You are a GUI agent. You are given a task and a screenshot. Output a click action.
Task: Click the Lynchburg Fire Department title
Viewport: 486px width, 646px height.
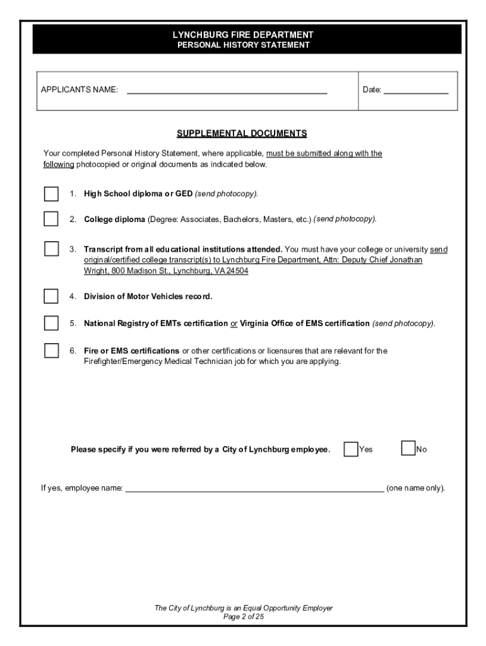(x=243, y=35)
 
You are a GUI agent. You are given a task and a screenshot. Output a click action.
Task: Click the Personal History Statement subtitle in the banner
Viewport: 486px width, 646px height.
(x=243, y=45)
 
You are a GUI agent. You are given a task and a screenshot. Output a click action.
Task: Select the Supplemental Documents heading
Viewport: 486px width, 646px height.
(x=242, y=133)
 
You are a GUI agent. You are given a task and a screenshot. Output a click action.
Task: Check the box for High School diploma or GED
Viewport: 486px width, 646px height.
(x=51, y=193)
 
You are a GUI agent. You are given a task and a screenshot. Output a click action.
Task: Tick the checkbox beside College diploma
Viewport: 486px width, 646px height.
(x=51, y=219)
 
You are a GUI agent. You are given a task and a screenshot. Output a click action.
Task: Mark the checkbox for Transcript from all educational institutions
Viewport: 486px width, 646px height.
(x=51, y=249)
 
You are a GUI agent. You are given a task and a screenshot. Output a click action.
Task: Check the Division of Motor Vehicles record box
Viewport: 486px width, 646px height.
(x=51, y=296)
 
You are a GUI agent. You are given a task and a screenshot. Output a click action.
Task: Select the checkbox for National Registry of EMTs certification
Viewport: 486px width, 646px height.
(x=51, y=323)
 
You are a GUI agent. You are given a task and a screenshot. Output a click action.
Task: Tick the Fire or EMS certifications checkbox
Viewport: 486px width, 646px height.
(x=51, y=351)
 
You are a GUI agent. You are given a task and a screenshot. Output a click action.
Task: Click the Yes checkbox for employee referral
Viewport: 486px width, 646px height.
(x=351, y=449)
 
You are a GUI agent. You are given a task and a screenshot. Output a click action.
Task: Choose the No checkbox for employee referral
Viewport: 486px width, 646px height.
(x=408, y=449)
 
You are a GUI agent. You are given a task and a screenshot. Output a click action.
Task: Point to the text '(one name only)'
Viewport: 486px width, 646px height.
(x=415, y=488)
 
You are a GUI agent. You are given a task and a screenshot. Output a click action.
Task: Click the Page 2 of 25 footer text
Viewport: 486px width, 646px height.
(x=243, y=617)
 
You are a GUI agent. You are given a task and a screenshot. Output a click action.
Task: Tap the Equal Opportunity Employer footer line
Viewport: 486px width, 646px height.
(x=243, y=608)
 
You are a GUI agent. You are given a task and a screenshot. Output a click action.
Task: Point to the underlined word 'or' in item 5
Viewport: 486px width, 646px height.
(x=234, y=324)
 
